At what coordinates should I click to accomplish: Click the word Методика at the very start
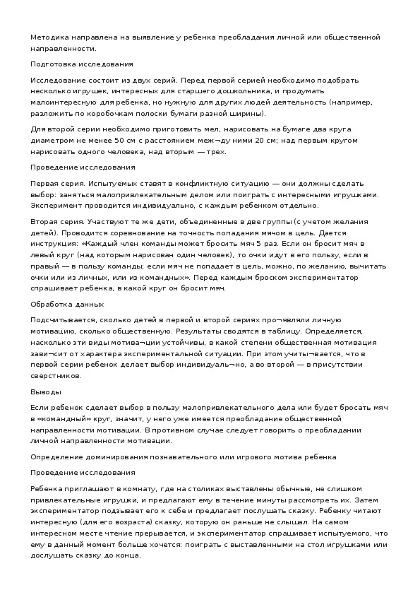pos(47,36)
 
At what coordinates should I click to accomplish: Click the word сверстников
pos(56,375)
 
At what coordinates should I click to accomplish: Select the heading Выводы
pos(46,391)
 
